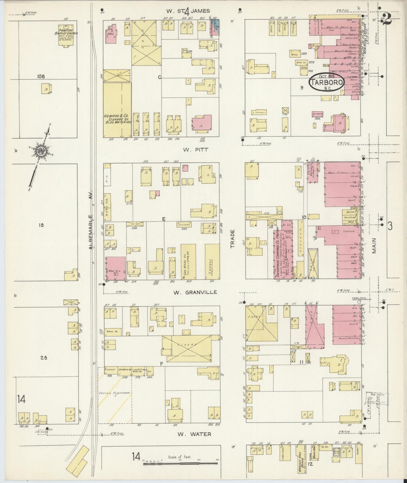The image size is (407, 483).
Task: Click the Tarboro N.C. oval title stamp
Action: (x=327, y=82)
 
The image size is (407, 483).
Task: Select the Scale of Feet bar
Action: (x=180, y=463)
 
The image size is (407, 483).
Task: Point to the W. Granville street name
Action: (x=195, y=292)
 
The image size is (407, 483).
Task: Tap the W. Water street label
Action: (x=194, y=434)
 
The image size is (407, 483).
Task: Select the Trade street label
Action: (x=233, y=239)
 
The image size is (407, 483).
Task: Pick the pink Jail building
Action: (x=111, y=34)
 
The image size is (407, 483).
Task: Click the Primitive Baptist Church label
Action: (x=66, y=34)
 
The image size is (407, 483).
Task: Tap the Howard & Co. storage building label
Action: (x=117, y=118)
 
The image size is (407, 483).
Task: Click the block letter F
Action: (x=161, y=364)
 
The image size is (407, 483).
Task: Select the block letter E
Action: (x=163, y=218)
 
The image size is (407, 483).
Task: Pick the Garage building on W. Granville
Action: (x=212, y=262)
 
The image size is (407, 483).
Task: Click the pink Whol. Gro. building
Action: (x=115, y=268)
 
